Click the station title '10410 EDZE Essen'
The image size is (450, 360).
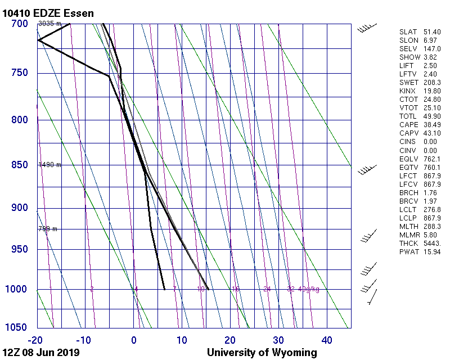(48, 13)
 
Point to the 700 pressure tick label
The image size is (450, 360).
(20, 24)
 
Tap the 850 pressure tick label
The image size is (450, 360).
(20, 165)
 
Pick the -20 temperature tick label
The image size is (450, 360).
(35, 340)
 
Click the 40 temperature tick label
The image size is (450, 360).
(327, 340)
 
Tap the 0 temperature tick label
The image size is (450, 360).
(134, 340)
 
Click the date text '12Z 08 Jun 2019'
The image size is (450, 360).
(41, 353)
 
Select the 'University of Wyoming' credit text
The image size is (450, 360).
(262, 353)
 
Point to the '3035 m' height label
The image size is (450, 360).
(49, 24)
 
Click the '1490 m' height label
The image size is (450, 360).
(49, 165)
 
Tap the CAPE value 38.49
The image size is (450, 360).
(433, 125)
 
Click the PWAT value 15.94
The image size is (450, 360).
(433, 251)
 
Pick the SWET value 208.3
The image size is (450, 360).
(433, 83)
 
